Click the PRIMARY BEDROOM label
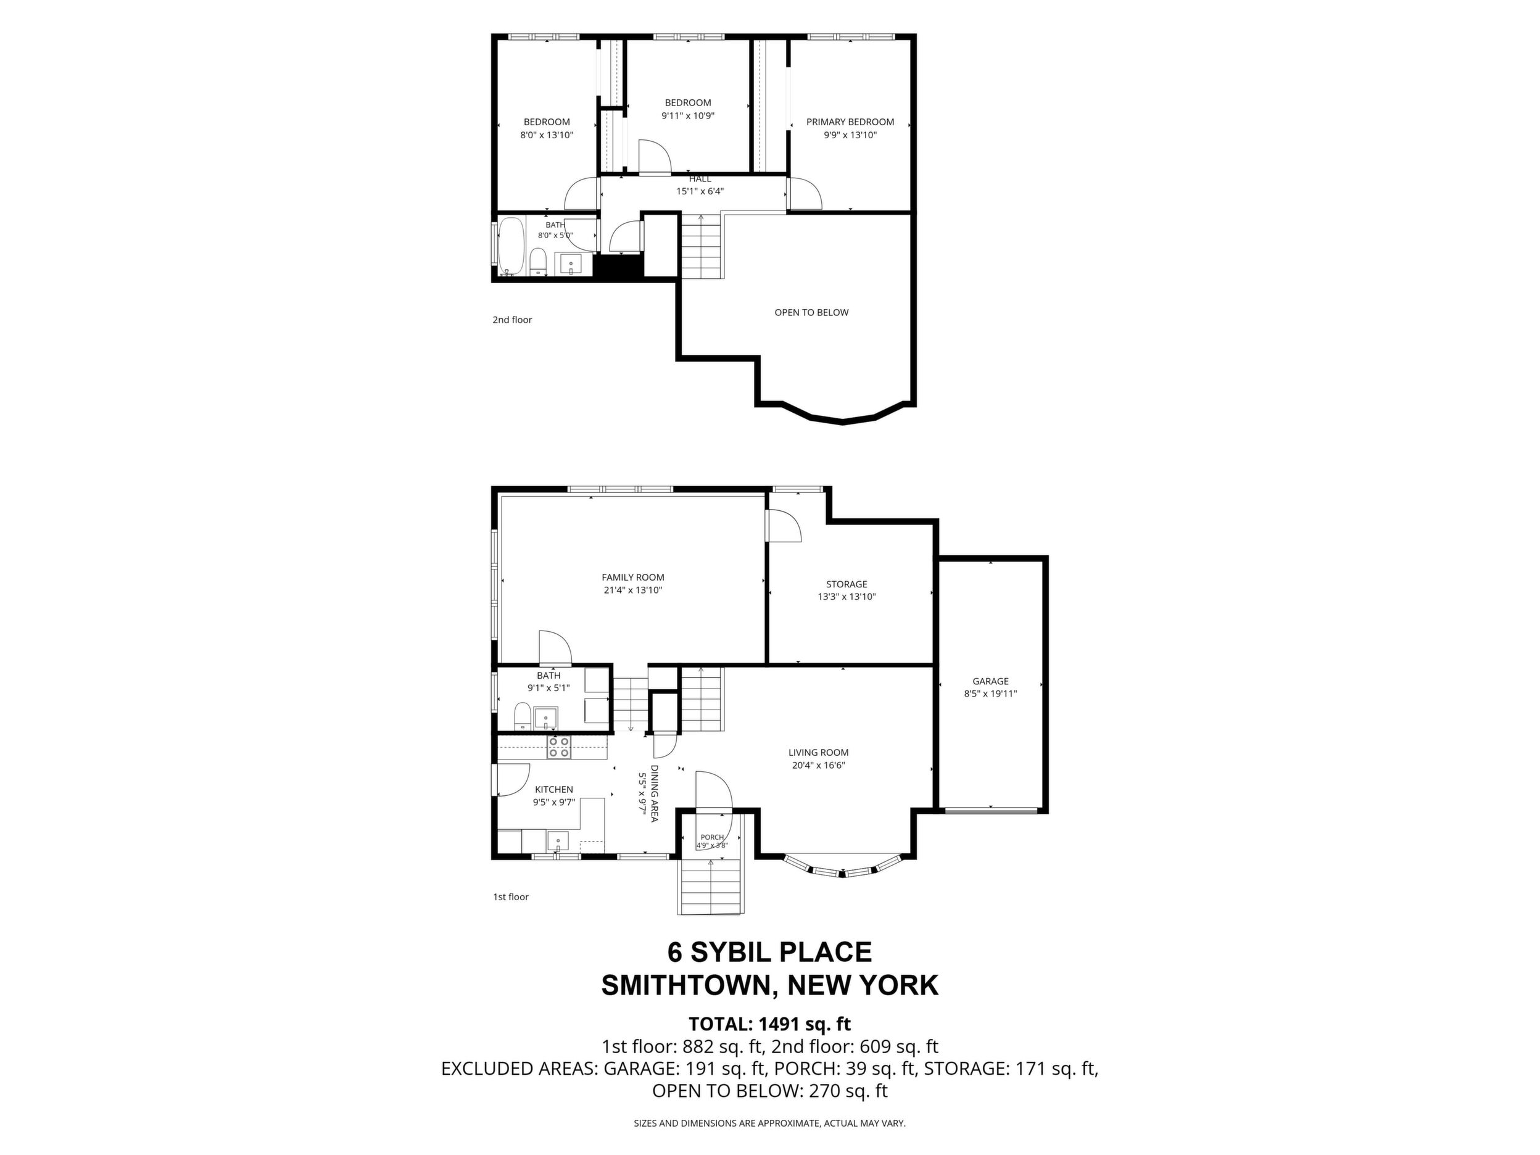tap(850, 122)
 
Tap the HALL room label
tap(700, 179)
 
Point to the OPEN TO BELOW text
tap(811, 313)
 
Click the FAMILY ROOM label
tap(633, 577)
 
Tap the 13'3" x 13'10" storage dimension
tap(847, 597)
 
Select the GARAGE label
tap(990, 682)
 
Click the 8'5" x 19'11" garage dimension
tap(990, 693)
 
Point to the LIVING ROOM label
tap(818, 753)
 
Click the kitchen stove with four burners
tap(558, 747)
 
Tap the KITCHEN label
tap(553, 790)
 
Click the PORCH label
tap(711, 837)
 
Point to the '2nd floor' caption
tap(511, 320)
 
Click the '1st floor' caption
tap(511, 896)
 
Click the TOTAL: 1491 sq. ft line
tap(769, 1024)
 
